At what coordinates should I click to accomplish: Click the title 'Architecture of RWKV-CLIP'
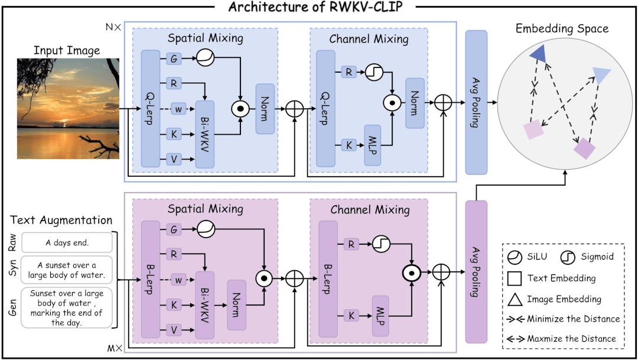[319, 9]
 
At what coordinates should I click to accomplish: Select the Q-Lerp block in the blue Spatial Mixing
[151, 108]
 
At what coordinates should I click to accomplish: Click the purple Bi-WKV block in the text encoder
[204, 304]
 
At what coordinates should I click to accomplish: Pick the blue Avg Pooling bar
[476, 102]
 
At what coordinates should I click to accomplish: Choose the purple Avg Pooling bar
[476, 272]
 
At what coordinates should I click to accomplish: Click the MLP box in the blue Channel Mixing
[373, 144]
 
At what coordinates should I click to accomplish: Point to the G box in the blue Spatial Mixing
[174, 59]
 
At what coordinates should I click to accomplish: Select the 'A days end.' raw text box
[67, 242]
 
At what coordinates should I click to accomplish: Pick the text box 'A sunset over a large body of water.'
[67, 270]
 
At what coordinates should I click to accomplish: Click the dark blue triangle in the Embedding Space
[538, 54]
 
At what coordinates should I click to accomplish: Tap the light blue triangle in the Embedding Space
[601, 75]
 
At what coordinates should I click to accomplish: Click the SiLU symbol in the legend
[514, 257]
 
